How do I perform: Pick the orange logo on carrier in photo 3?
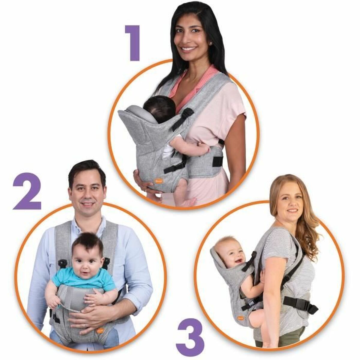(241, 317)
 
